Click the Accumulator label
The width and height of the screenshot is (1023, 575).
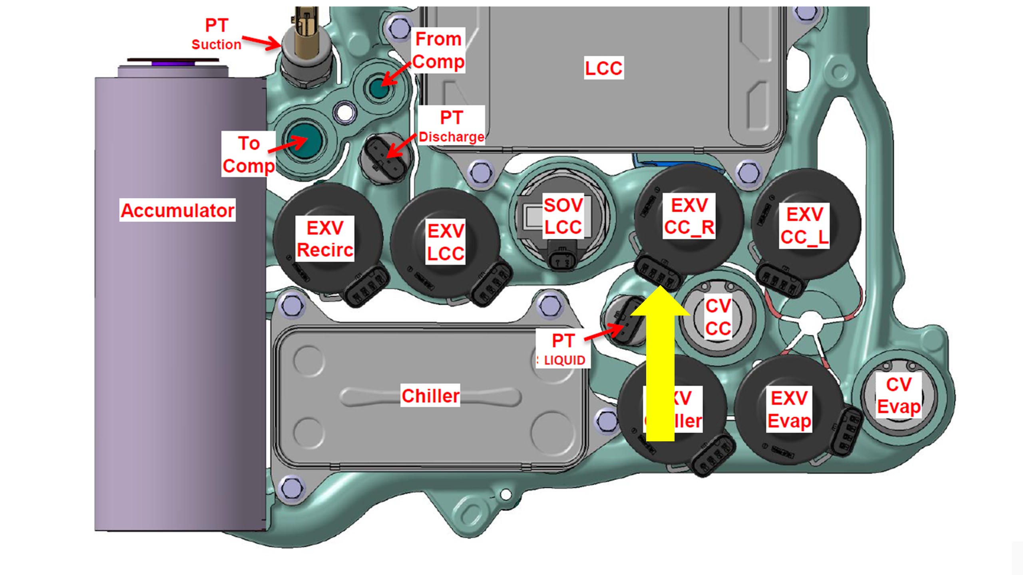coord(177,210)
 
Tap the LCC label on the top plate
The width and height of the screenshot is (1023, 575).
coord(603,68)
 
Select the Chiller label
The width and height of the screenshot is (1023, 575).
coord(430,396)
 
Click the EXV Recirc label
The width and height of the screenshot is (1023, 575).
coord(325,239)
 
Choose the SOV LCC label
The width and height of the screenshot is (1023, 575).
coord(563,216)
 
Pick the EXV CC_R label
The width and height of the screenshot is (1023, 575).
coord(689,216)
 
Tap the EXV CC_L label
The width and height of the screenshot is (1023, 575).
coord(804,226)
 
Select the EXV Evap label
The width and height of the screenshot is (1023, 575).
coord(789,409)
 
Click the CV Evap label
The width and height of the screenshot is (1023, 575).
coord(899,396)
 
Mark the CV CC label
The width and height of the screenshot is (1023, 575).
coord(718,317)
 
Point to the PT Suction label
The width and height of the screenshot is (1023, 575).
coord(217,34)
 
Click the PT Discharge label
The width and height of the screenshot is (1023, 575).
coord(452,126)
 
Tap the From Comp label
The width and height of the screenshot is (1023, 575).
coord(438,50)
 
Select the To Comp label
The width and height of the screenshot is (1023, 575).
coord(249,154)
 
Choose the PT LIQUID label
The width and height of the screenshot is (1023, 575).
coord(563,350)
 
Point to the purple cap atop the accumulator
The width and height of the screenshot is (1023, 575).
coord(173,63)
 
